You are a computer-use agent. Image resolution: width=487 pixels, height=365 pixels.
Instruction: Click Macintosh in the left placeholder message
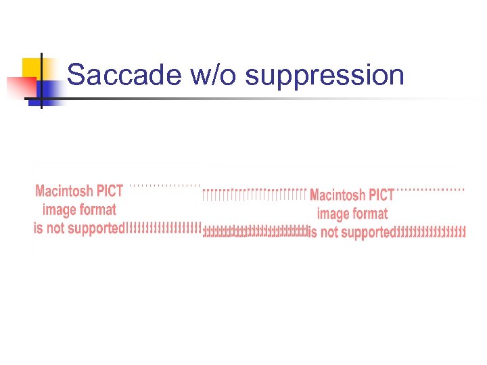65,191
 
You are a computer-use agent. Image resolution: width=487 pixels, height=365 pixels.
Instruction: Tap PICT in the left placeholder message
110,191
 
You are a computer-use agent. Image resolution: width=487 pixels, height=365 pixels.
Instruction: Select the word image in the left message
59,210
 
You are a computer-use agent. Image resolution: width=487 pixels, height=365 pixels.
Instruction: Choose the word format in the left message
97,210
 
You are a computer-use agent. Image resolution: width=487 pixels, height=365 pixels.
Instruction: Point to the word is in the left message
38,228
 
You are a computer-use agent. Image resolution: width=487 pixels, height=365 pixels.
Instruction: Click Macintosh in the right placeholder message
338,196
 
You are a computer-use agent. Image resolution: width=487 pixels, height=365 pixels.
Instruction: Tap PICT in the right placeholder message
381,195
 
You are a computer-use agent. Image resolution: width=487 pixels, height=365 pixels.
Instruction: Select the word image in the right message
332,214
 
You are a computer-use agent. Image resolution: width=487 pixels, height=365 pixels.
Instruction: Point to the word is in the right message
312,233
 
